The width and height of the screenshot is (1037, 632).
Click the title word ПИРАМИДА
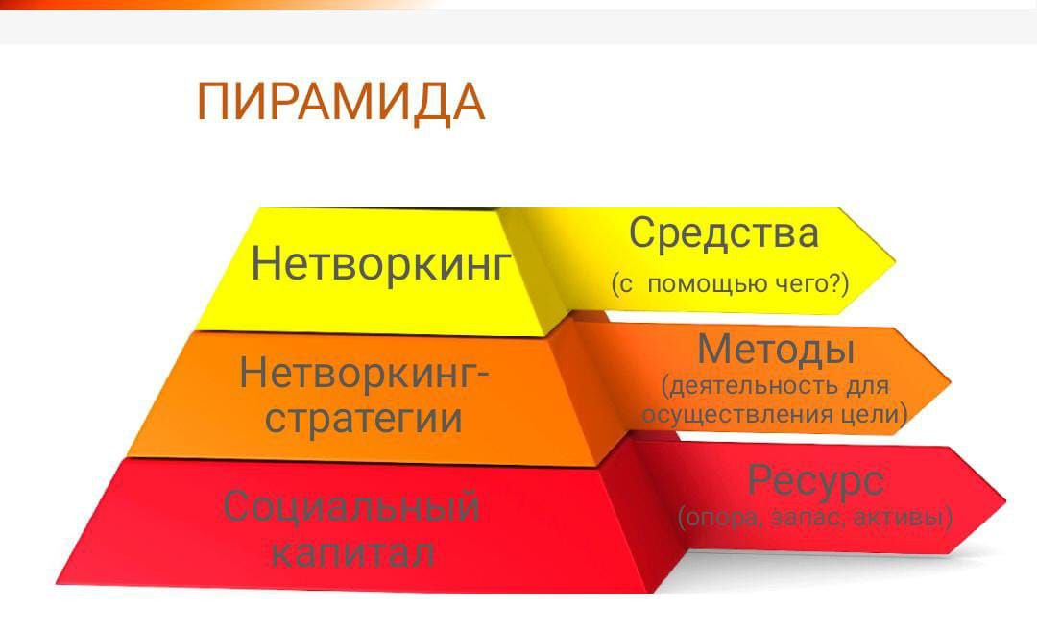[341, 103]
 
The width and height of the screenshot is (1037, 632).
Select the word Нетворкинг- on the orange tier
[364, 373]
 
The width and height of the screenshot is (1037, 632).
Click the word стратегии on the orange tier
[364, 418]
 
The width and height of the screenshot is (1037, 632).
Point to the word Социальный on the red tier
[351, 507]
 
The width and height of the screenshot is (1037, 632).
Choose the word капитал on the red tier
[352, 553]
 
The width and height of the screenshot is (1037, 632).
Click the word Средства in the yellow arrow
[724, 234]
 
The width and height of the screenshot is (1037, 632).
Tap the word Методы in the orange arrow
[776, 350]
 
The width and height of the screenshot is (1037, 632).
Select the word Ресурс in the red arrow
[815, 481]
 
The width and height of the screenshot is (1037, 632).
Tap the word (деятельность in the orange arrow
[751, 386]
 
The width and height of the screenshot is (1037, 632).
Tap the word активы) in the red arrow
[904, 517]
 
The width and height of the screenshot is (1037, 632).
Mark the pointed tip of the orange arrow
[951, 382]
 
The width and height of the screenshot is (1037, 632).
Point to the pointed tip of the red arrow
[1005, 501]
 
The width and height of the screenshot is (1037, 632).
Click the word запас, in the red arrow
[808, 518]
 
